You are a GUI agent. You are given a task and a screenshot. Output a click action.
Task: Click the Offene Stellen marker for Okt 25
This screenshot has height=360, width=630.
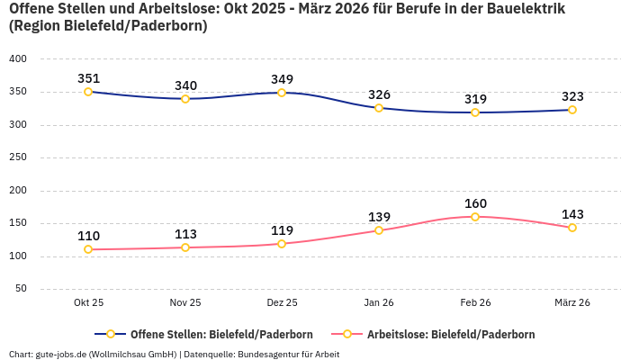[x=88, y=92]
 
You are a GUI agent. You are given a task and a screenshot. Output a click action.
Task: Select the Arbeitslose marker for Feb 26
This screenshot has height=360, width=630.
[x=475, y=217]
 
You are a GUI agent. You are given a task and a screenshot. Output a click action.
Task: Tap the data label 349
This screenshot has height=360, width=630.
[x=282, y=79]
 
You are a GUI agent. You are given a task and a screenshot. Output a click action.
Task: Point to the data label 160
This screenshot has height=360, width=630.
[x=475, y=203]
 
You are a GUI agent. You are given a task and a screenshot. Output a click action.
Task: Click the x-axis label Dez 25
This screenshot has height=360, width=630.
[x=282, y=303]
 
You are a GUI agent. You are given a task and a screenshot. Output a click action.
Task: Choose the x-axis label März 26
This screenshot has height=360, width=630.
[x=571, y=303]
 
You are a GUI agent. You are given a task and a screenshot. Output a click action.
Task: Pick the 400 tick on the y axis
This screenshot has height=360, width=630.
[x=17, y=59]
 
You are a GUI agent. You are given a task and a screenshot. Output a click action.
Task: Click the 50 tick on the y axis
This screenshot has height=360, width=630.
[x=20, y=289]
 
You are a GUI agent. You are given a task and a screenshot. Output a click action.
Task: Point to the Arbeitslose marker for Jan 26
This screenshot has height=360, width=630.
[x=379, y=230]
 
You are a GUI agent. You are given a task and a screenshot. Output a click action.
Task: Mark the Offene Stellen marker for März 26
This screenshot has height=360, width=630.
[x=572, y=110]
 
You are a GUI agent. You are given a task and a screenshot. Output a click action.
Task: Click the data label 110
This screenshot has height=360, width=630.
[x=88, y=236]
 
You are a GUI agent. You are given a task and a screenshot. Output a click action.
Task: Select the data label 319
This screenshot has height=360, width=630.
[x=475, y=99]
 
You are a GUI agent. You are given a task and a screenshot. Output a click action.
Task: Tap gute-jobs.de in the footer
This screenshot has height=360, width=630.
[x=60, y=355]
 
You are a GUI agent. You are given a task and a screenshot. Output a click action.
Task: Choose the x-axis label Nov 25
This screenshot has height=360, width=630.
[x=185, y=303]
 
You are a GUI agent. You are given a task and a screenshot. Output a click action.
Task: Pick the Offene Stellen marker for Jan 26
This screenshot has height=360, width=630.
[x=379, y=108]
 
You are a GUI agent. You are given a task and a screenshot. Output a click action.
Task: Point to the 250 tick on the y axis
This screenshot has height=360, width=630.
[x=17, y=157]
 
